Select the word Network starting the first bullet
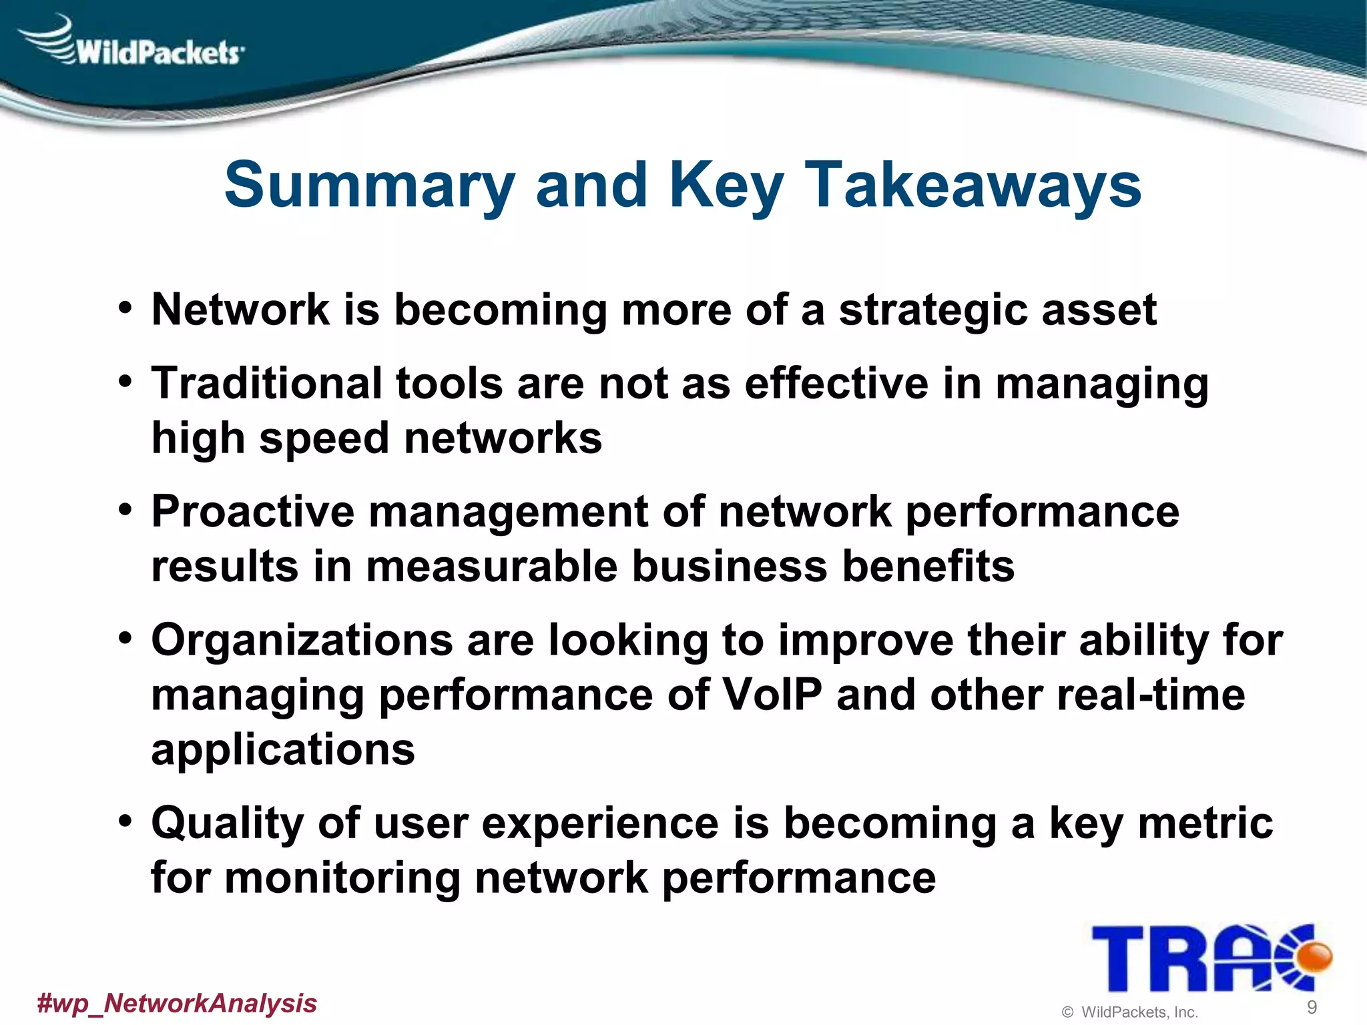coord(240,310)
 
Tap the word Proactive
coord(252,512)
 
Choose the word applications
coord(283,749)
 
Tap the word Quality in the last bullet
coord(228,823)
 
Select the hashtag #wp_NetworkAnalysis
coord(177,1003)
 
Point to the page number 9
coord(1312,1007)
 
